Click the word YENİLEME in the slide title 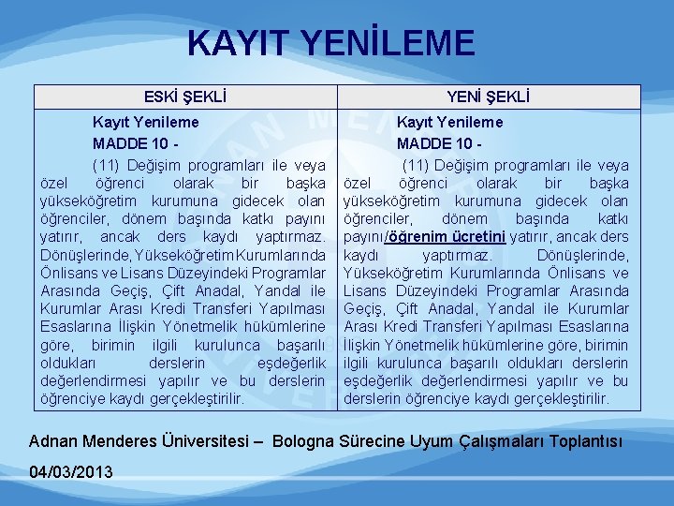tap(396, 43)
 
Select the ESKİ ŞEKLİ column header tap(185, 97)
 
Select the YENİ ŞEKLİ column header tap(489, 97)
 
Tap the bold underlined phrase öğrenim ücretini tap(457, 236)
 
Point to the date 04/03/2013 tap(71, 470)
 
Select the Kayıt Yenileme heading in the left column tap(144, 122)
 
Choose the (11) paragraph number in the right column tap(418, 166)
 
